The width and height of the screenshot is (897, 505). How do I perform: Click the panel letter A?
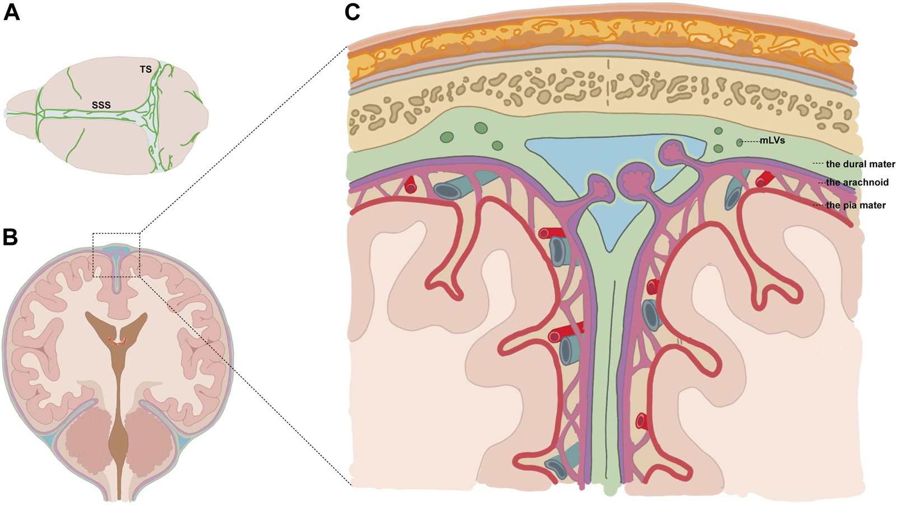tap(12, 12)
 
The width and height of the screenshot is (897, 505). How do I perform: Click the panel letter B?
tap(10, 237)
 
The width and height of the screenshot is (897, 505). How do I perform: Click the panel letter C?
tap(352, 12)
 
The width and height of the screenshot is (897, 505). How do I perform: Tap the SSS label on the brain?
tap(101, 105)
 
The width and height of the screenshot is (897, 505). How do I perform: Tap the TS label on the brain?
tap(145, 69)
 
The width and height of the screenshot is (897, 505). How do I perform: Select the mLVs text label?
tap(772, 140)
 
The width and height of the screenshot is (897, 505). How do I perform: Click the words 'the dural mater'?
tap(860, 164)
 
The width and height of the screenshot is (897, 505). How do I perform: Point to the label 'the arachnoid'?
tap(857, 182)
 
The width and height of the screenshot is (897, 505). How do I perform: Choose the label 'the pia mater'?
tap(856, 205)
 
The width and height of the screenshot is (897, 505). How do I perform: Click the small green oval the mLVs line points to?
tap(740, 143)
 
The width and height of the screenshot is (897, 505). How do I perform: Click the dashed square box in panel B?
tap(116, 254)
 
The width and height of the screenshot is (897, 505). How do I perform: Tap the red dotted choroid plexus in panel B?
tap(118, 342)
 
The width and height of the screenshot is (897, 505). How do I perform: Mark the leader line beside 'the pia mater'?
tap(819, 205)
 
